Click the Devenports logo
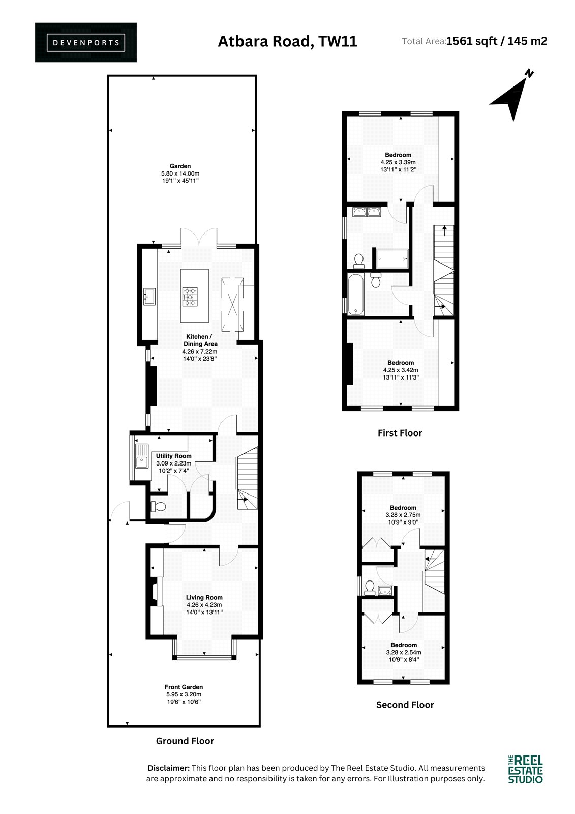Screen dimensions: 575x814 click(x=86, y=43)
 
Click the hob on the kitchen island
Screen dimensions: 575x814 click(x=190, y=296)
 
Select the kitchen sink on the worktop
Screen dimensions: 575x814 click(x=149, y=296)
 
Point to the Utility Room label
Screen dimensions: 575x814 click(x=174, y=456)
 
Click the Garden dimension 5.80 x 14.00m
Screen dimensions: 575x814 click(x=180, y=173)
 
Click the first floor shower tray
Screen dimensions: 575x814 click(x=392, y=259)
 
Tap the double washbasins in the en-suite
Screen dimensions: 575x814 click(x=367, y=212)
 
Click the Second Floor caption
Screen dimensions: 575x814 click(x=405, y=714)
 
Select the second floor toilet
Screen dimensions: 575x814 click(x=370, y=587)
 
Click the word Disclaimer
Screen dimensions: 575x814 click(x=169, y=768)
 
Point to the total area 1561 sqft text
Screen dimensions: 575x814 click(x=471, y=41)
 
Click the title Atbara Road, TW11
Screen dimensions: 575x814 click(x=287, y=41)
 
